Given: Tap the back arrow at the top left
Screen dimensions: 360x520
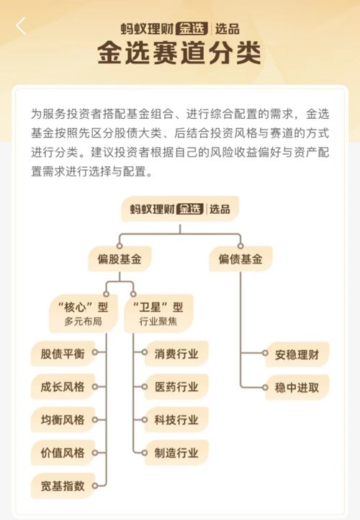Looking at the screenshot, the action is click(x=21, y=25).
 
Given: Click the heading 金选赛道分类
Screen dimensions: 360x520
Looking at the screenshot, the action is click(x=179, y=53).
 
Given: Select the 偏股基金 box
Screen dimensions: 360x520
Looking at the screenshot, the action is click(x=120, y=259).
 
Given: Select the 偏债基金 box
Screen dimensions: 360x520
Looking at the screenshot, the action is click(x=240, y=259).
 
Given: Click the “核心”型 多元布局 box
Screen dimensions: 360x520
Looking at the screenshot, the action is click(x=84, y=313).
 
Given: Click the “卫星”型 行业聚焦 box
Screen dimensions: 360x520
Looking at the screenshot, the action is click(x=158, y=313).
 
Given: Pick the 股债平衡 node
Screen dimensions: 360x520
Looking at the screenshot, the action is click(x=63, y=354).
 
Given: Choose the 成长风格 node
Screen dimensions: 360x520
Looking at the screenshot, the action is click(x=63, y=387).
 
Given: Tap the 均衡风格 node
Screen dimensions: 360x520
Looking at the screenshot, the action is click(x=63, y=420).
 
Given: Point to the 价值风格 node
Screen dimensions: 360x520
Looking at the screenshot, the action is click(x=63, y=453).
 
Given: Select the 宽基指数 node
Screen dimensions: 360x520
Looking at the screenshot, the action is click(x=63, y=486).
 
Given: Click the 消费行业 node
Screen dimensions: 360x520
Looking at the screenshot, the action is click(x=176, y=354).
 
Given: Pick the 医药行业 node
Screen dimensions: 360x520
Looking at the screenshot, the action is click(x=176, y=387).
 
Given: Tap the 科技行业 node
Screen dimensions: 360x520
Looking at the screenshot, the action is click(x=176, y=420).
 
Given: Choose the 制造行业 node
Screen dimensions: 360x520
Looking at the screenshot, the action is click(x=176, y=453).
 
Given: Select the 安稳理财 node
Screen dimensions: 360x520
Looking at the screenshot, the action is click(x=297, y=354).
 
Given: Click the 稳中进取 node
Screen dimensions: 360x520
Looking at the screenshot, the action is click(x=297, y=387).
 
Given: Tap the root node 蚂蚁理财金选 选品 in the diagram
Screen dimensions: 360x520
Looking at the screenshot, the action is click(x=180, y=209).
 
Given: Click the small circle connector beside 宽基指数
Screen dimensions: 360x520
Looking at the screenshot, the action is click(x=95, y=486).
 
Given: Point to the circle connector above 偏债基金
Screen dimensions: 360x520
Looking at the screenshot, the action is click(x=240, y=246).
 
